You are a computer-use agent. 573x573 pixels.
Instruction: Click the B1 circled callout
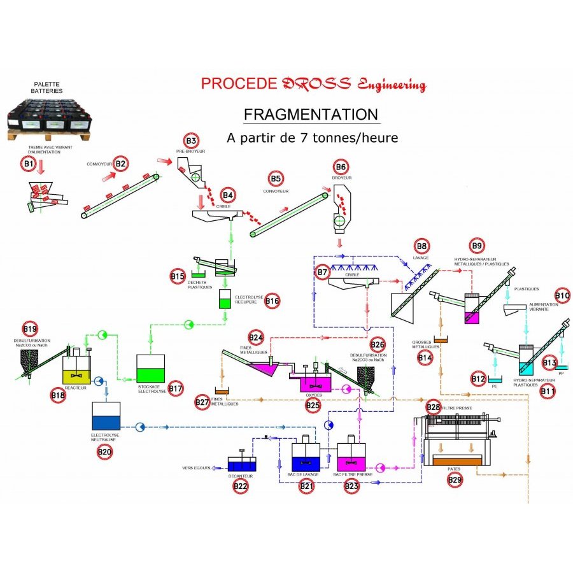click(27, 164)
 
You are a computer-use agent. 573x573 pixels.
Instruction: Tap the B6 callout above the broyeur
click(341, 167)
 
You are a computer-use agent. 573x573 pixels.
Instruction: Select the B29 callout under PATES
click(455, 479)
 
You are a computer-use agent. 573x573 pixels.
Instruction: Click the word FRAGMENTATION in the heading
click(311, 115)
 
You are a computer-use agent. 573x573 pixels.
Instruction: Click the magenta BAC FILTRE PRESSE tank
click(351, 456)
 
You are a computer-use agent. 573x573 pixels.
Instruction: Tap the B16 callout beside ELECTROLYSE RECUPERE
click(272, 301)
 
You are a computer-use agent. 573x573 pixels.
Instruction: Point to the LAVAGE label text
click(421, 258)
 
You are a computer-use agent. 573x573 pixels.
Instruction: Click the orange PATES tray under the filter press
click(456, 460)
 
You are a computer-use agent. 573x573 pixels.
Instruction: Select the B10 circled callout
click(562, 295)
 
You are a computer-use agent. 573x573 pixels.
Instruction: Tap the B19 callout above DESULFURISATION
click(30, 329)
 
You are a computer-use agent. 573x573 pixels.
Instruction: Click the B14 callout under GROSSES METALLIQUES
click(425, 358)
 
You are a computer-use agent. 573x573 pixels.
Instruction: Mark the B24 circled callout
click(256, 337)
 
